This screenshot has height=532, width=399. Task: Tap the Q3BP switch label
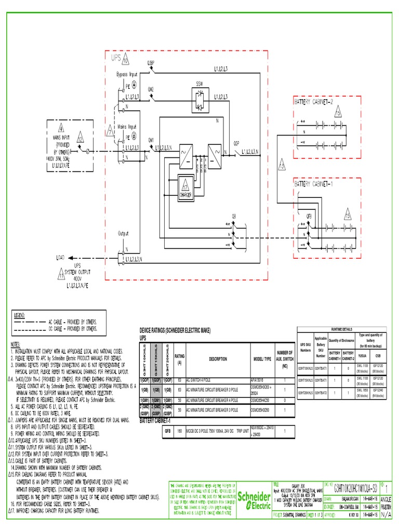151,62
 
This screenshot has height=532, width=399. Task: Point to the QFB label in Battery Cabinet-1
309,214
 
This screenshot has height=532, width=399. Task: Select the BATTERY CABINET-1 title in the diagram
316,184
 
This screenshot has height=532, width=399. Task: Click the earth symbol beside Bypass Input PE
134,84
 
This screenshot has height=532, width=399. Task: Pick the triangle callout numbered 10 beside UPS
126,61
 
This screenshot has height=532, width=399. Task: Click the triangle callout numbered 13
282,166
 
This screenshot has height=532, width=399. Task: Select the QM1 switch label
151,140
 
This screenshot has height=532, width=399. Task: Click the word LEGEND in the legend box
22,315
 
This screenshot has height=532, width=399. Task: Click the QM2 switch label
151,89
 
